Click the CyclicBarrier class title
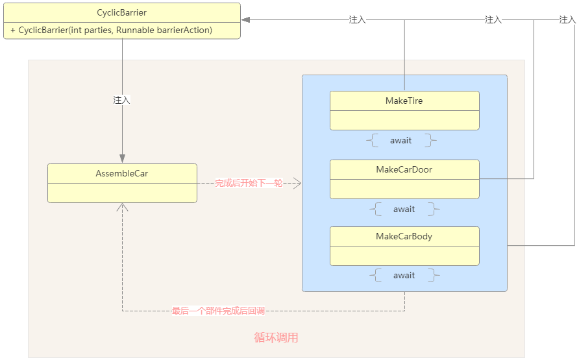coord(122,12)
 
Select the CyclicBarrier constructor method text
coord(111,30)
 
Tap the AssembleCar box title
coord(122,173)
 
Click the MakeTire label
coord(404,101)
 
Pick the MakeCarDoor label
coord(404,169)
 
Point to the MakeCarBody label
coord(404,236)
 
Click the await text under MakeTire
coord(400,140)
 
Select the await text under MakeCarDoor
coord(404,209)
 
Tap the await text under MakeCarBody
coord(404,275)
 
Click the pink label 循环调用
coord(276,337)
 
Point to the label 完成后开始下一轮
coord(249,184)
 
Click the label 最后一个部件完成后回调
coord(218,311)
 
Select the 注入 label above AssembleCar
coord(122,100)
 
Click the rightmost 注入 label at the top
coord(567,20)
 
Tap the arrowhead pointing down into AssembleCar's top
coord(122,159)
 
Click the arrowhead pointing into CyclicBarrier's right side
coord(246,20)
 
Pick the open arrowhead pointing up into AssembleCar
coord(122,207)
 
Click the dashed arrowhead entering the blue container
coord(297,184)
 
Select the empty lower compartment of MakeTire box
coord(404,120)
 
